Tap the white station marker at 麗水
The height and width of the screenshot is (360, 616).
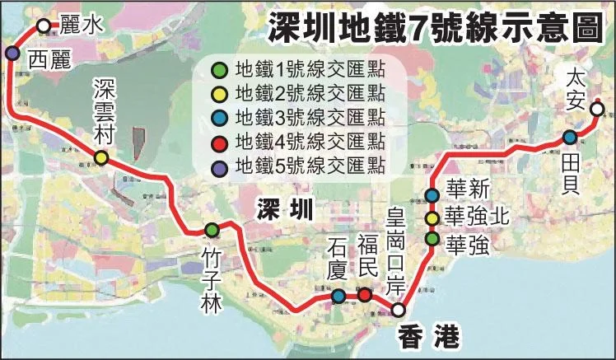(44, 26)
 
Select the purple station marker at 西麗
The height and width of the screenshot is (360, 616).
(12, 54)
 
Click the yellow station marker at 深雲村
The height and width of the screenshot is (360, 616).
(101, 157)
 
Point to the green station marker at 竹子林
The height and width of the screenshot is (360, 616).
(212, 230)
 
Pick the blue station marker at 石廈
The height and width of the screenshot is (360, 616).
(338, 296)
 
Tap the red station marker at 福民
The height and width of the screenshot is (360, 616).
(365, 294)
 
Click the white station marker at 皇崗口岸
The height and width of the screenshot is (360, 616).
(398, 310)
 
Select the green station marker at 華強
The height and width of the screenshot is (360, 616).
(432, 239)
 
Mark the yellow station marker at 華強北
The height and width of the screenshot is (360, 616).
(432, 218)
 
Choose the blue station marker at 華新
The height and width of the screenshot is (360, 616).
(432, 196)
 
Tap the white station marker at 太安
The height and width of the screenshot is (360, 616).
(597, 108)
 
